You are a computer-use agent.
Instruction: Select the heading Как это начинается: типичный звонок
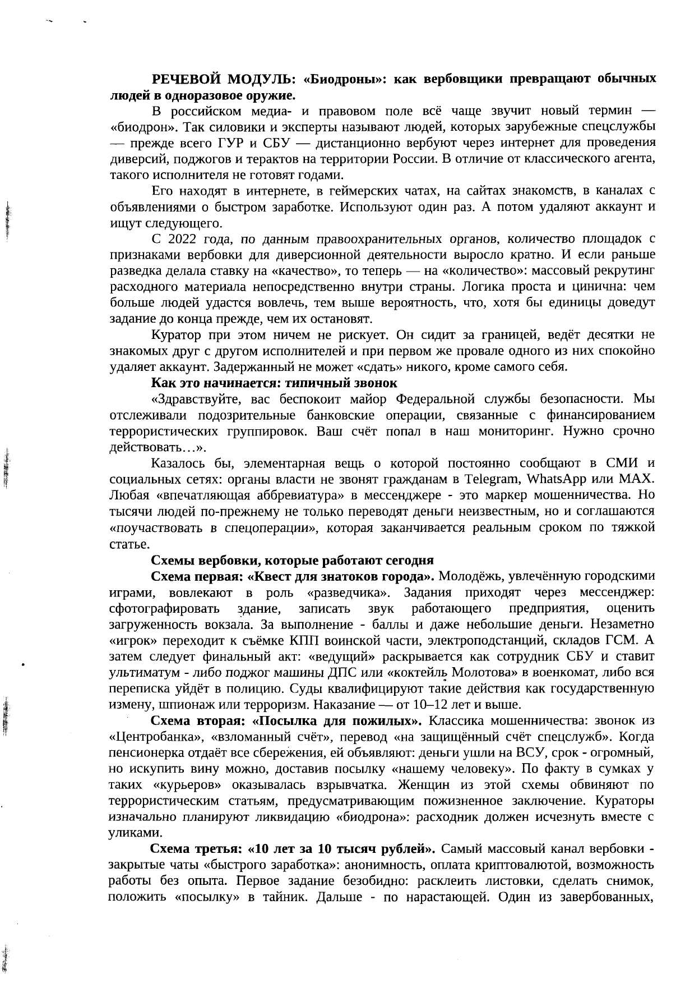[274, 383]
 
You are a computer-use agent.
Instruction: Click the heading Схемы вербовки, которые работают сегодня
[293, 561]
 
